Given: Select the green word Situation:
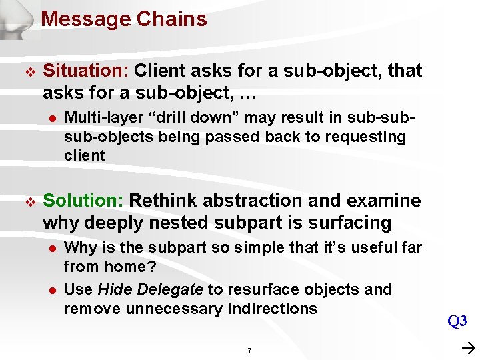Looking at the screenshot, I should coord(86,71).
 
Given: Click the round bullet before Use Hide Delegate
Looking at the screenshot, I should coord(49,290).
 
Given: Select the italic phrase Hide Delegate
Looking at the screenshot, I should coord(150,289).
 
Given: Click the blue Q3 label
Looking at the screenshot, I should coord(457,321).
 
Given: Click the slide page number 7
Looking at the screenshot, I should coord(249,351).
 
